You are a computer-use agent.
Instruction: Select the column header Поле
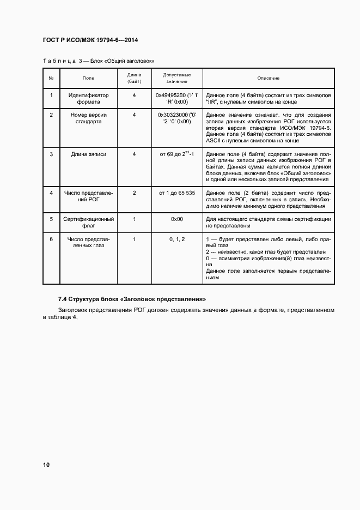88,79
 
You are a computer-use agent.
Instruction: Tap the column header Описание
269,79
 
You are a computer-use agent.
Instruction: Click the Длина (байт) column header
134,78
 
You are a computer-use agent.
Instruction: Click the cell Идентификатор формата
88,98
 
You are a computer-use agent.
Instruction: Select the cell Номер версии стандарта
88,118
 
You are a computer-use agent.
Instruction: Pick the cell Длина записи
88,154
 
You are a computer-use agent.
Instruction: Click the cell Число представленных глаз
88,242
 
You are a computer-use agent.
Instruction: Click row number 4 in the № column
51,193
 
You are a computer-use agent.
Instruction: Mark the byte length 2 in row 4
134,193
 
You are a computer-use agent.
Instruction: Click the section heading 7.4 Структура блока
131,299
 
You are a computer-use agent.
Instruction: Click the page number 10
46,465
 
